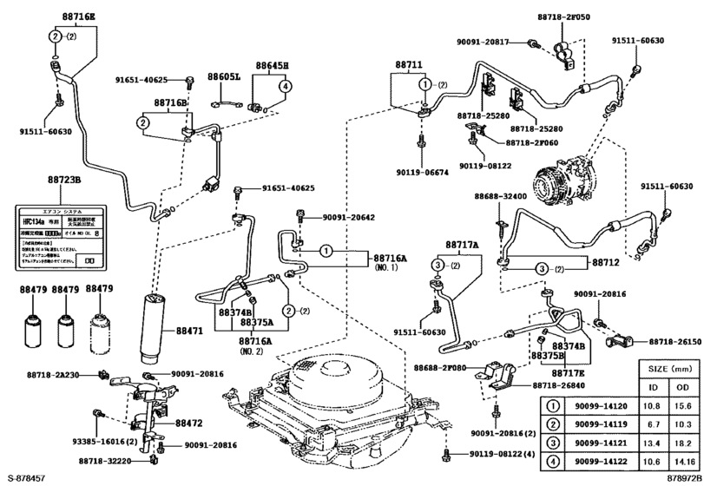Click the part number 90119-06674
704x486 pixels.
tap(420, 173)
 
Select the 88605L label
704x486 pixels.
tap(223, 76)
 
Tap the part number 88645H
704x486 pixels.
tap(272, 65)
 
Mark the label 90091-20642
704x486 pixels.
tap(348, 217)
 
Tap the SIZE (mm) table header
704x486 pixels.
tap(669, 368)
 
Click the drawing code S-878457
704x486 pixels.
tap(29, 478)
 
